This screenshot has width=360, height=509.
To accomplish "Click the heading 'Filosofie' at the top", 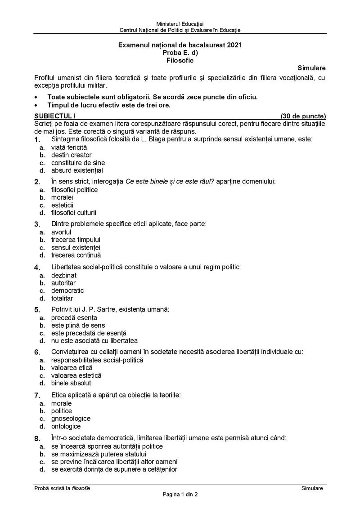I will [x=180, y=60].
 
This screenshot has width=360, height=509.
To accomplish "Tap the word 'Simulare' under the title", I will [x=311, y=68].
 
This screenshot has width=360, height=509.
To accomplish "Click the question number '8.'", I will [x=37, y=438].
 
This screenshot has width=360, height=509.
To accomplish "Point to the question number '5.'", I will [x=37, y=310].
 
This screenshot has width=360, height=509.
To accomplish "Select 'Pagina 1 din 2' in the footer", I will [x=180, y=495].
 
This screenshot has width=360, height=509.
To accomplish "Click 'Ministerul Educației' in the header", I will [x=180, y=23].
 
